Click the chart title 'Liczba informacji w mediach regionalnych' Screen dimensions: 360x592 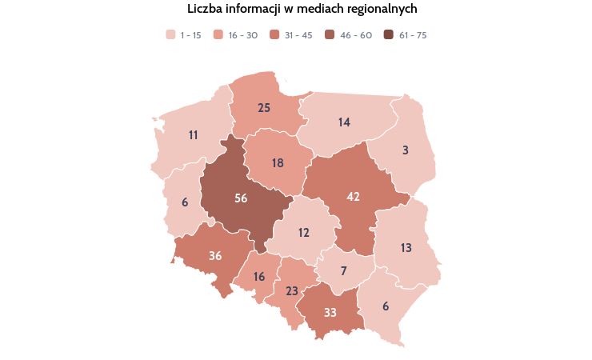(302, 9)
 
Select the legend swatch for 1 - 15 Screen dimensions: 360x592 (170, 35)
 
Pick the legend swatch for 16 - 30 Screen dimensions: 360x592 (218, 35)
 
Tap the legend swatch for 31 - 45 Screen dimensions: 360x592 (275, 35)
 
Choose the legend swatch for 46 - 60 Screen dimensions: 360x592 (330, 35)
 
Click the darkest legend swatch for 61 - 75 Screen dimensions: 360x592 (389, 35)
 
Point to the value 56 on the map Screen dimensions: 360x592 (241, 198)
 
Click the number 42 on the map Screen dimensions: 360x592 (354, 196)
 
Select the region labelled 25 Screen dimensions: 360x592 (264, 107)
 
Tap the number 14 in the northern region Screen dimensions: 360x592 (344, 122)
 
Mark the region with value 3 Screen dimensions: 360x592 (406, 150)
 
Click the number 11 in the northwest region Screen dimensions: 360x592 (194, 135)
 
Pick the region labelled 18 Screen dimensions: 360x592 (278, 163)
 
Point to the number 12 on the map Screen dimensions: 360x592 (303, 233)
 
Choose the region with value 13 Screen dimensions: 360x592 (406, 248)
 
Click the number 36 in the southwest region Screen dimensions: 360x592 (215, 256)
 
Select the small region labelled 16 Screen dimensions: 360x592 (258, 277)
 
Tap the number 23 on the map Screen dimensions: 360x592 (292, 291)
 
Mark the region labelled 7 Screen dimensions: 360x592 (343, 270)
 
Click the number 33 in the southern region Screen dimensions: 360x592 (330, 312)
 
